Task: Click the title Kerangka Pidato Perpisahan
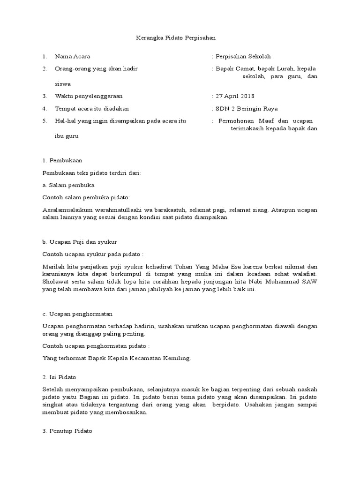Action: click(x=172, y=38)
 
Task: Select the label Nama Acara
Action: click(x=73, y=56)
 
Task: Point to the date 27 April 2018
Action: click(x=235, y=96)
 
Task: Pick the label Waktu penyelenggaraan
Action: click(x=89, y=96)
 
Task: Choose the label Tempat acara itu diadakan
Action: click(x=92, y=108)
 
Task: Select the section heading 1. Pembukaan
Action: click(x=62, y=160)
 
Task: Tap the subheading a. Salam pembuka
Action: click(x=68, y=185)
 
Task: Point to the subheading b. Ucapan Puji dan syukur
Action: click(x=80, y=242)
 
